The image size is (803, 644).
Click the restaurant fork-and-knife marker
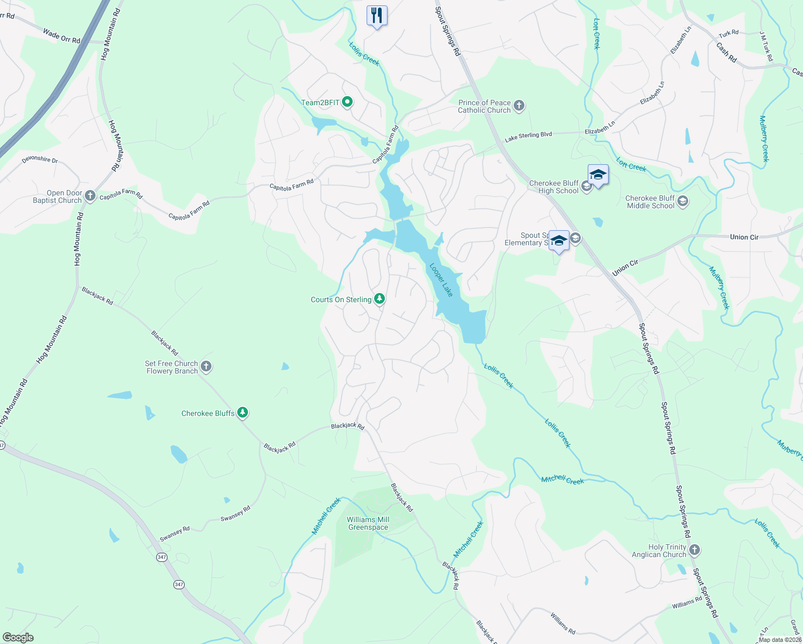pyautogui.click(x=377, y=15)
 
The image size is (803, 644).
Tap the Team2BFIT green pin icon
pyautogui.click(x=347, y=101)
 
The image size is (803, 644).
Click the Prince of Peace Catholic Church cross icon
pyautogui.click(x=519, y=105)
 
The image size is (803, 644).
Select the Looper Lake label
pyautogui.click(x=441, y=280)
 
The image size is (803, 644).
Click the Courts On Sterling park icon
pyautogui.click(x=379, y=298)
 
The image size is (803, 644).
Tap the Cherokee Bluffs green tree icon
pyautogui.click(x=243, y=412)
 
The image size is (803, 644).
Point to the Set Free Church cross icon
pyautogui.click(x=206, y=367)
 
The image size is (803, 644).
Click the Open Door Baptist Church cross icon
pyautogui.click(x=90, y=195)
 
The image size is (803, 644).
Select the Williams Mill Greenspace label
pyautogui.click(x=368, y=523)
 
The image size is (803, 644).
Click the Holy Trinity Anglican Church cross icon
pyautogui.click(x=694, y=550)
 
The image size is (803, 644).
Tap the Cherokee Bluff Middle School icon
pyautogui.click(x=683, y=201)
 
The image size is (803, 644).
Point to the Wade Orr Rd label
pyautogui.click(x=61, y=36)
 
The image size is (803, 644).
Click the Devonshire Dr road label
pyautogui.click(x=40, y=160)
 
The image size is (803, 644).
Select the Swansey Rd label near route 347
pyautogui.click(x=174, y=534)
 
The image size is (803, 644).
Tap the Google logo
pyautogui.click(x=18, y=638)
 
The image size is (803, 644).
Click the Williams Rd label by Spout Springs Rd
pyautogui.click(x=687, y=603)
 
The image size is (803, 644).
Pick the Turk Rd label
pyautogui.click(x=728, y=34)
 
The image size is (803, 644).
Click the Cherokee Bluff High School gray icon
pyautogui.click(x=586, y=186)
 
